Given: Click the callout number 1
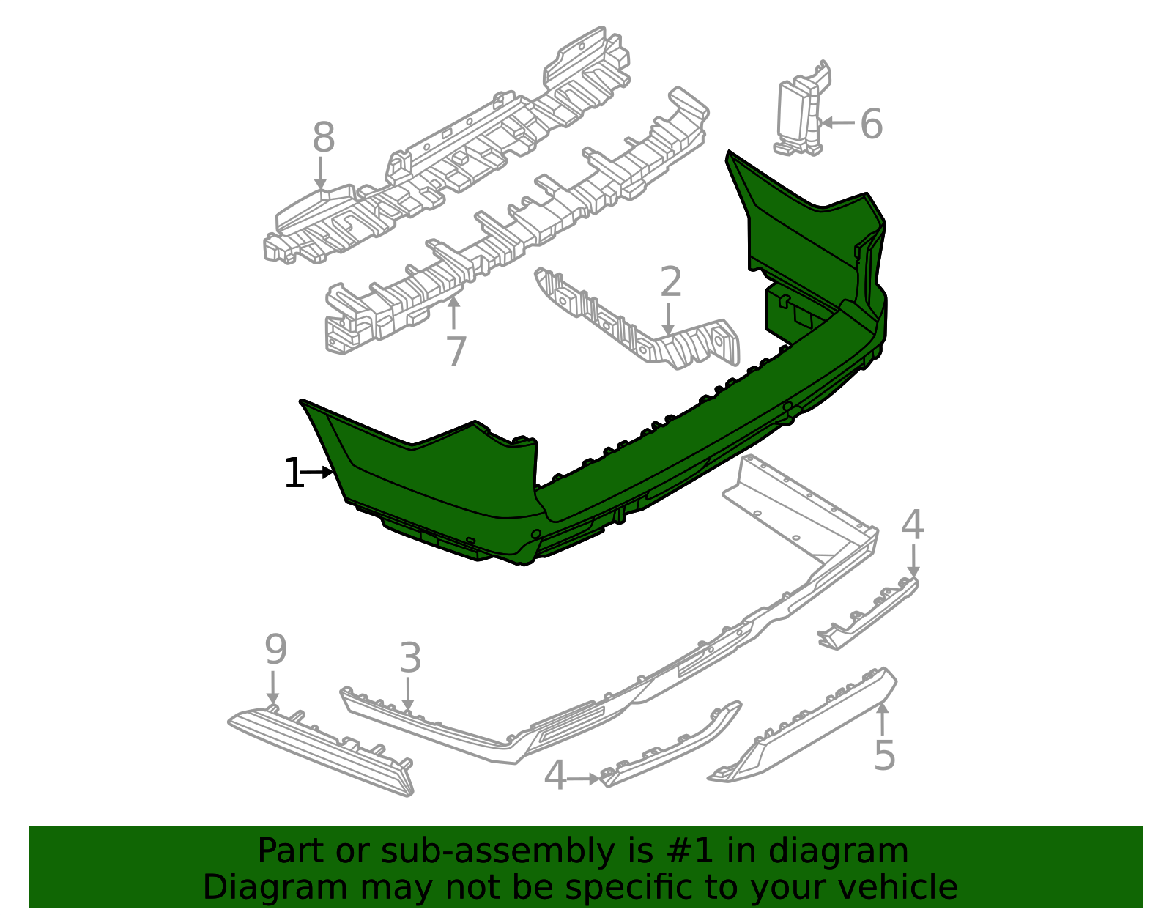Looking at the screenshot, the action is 294,473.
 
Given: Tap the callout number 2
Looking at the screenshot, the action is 670,281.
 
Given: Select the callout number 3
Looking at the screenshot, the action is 410,658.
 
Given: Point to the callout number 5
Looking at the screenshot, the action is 885,755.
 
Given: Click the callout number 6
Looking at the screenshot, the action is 872,124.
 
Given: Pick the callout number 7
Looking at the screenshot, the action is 456,352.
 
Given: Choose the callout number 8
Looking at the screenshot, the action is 324,137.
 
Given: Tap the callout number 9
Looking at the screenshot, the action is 275,649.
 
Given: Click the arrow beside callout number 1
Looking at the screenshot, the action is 316,473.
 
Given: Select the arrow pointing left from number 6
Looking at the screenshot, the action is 837,123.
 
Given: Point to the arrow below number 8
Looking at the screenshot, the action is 321,173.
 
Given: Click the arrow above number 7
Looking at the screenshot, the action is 454,313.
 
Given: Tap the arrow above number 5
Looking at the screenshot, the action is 883,719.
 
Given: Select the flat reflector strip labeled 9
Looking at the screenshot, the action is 320,749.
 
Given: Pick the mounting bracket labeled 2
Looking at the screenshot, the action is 637,319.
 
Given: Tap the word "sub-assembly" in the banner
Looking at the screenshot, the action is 497,851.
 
